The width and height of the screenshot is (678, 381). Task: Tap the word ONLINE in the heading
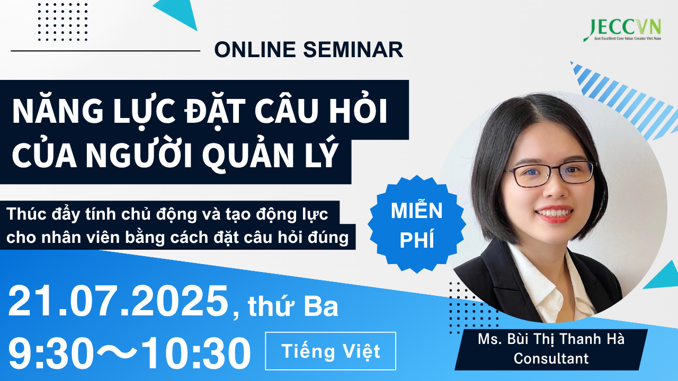pos(255,49)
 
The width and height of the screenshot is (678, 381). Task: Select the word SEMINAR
pos(353,49)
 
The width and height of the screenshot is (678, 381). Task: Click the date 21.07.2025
pos(118,302)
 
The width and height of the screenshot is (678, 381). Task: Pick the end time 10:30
pos(196,353)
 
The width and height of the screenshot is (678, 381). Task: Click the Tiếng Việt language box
pos(331,351)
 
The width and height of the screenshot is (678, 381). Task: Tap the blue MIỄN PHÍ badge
pos(417,225)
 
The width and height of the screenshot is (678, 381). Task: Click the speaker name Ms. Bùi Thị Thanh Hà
pos(551,339)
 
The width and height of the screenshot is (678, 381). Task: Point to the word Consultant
pos(551,358)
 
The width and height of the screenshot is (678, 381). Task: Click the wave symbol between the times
pos(118,352)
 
